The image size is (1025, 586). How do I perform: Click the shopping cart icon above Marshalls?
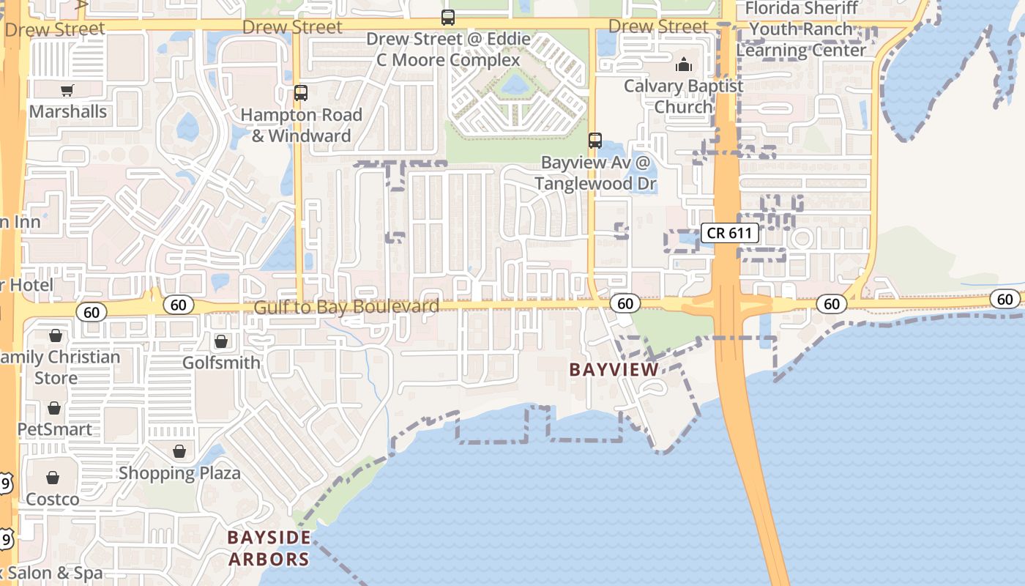(67, 91)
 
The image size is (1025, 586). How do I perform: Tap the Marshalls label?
(68, 112)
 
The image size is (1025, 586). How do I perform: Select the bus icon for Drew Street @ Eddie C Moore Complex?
(447, 18)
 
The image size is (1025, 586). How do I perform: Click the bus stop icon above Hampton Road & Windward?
(301, 93)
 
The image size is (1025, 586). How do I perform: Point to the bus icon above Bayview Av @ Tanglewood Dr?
(595, 140)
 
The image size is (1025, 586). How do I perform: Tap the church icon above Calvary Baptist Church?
(684, 64)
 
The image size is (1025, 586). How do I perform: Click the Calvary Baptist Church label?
(683, 96)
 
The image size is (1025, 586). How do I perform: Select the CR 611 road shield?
(729, 233)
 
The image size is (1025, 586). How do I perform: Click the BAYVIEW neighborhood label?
(614, 370)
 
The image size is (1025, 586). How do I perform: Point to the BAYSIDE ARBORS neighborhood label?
(269, 548)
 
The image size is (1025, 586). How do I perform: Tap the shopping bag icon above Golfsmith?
(221, 341)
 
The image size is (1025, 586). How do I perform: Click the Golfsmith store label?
(221, 363)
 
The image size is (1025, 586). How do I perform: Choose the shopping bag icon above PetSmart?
(54, 408)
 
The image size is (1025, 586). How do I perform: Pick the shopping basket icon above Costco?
(53, 478)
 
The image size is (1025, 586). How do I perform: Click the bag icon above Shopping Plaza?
(179, 451)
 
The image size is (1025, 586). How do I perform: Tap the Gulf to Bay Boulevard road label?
(346, 306)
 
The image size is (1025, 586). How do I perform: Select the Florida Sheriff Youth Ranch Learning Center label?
(801, 29)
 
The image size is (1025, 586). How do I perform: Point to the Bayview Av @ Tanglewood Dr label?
(595, 173)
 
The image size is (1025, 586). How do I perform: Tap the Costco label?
(53, 499)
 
